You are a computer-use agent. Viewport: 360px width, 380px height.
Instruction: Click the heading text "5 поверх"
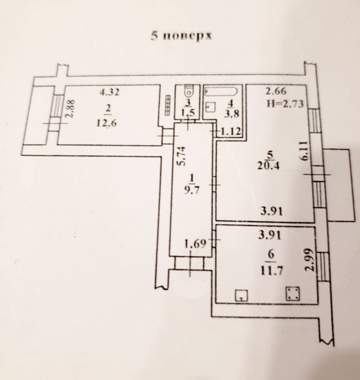click(181, 36)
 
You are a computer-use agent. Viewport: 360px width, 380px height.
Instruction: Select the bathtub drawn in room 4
click(221, 91)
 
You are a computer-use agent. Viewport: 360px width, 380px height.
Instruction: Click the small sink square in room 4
click(211, 107)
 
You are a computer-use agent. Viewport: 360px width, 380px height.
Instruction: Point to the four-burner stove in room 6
click(293, 294)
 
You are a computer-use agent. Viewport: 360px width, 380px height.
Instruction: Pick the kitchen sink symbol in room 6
click(241, 295)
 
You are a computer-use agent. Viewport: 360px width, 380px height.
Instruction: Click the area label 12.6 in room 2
click(107, 123)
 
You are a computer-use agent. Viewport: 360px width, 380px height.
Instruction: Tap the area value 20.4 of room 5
click(269, 166)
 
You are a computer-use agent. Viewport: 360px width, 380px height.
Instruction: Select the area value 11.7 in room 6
click(272, 271)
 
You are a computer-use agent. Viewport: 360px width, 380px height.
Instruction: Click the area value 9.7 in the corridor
click(192, 190)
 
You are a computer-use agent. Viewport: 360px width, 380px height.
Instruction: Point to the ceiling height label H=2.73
click(285, 104)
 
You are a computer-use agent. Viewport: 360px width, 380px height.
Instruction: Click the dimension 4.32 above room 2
click(109, 92)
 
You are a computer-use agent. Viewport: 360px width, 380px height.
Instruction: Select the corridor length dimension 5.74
click(181, 156)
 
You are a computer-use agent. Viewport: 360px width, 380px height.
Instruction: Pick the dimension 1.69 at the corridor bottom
click(195, 243)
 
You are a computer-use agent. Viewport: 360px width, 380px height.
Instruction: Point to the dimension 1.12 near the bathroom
click(231, 131)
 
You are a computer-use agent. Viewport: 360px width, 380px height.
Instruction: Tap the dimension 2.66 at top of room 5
click(276, 91)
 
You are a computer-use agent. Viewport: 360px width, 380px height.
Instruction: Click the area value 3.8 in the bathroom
click(231, 113)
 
